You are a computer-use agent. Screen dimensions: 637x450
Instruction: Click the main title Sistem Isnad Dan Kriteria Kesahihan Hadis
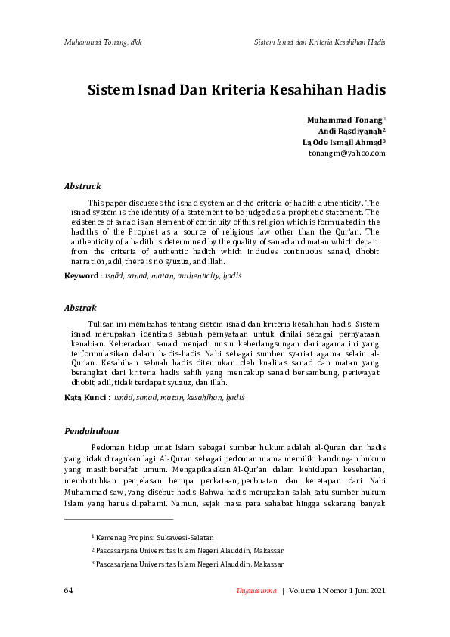pyautogui.click(x=237, y=90)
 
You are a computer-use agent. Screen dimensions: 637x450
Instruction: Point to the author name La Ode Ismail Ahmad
pyautogui.click(x=343, y=141)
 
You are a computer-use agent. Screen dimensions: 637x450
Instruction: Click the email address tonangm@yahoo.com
pyautogui.click(x=347, y=153)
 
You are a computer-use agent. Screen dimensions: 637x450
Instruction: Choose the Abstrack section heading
pyautogui.click(x=82, y=186)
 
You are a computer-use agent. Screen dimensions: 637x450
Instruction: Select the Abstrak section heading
pyautogui.click(x=80, y=309)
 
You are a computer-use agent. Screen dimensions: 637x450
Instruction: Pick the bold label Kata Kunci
pyautogui.click(x=87, y=397)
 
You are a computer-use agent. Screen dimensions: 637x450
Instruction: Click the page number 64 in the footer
pyautogui.click(x=69, y=590)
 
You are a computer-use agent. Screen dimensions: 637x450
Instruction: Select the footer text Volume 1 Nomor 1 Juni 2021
pyautogui.click(x=337, y=590)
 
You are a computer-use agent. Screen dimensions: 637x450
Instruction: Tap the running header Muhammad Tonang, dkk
pyautogui.click(x=103, y=42)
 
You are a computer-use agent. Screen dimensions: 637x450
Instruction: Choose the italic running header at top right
pyautogui.click(x=320, y=42)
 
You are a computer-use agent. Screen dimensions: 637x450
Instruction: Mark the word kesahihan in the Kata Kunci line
pyautogui.click(x=203, y=397)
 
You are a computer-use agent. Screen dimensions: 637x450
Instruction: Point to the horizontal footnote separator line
pyautogui.click(x=119, y=519)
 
